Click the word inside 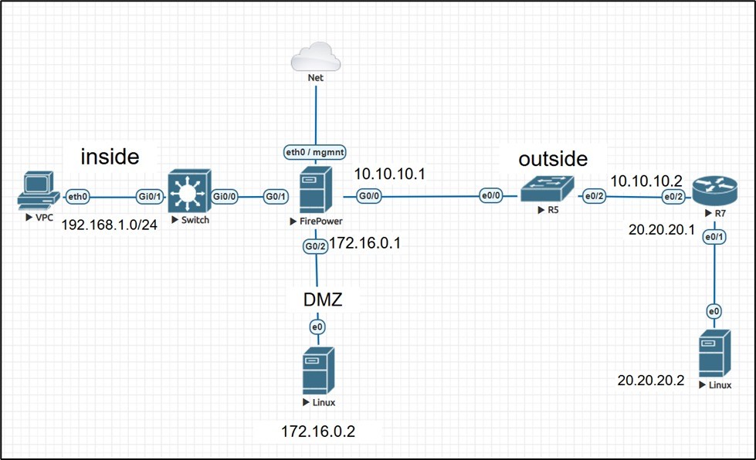tap(110, 157)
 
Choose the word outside tap(553, 159)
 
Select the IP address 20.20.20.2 tap(650, 380)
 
